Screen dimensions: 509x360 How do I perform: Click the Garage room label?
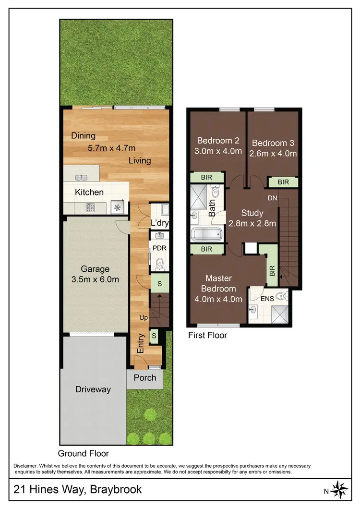tap(95, 269)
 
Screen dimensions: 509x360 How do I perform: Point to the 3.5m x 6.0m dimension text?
tap(95, 279)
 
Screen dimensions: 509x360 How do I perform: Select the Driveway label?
tap(93, 389)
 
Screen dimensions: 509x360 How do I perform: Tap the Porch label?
tap(145, 377)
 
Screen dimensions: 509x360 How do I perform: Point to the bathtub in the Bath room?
tap(206, 235)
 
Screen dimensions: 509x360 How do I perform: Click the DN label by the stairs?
tap(272, 198)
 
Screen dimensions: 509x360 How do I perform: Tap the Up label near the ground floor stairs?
tap(143, 318)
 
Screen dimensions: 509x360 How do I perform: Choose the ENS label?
tap(267, 299)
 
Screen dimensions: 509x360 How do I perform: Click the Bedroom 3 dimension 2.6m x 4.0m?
tap(274, 154)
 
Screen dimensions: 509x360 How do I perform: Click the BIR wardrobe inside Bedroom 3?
tap(283, 182)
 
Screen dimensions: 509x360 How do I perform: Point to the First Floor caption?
tap(207, 335)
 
